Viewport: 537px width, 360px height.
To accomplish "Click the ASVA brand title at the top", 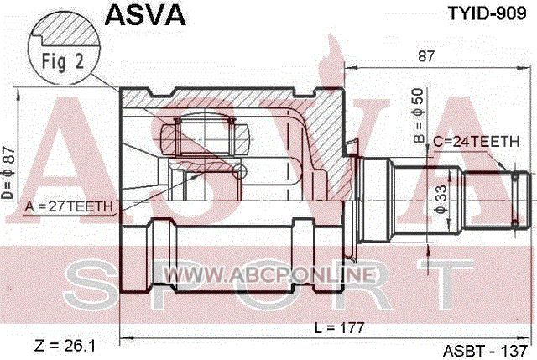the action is tap(145, 15).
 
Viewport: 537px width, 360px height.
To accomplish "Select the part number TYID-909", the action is tap(487, 13).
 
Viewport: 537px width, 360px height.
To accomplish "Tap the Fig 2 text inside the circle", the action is tap(63, 61).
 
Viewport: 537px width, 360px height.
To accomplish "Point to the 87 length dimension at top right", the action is tap(426, 56).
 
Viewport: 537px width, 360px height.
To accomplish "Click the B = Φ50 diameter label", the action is tap(419, 116).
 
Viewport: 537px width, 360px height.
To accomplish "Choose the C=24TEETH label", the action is tap(477, 142).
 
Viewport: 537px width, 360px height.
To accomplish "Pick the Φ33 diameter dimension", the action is tap(441, 200).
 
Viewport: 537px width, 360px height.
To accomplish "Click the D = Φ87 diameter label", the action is tap(8, 173).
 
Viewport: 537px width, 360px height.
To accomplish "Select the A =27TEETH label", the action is tap(69, 206).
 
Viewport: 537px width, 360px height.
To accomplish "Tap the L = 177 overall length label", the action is tap(339, 328).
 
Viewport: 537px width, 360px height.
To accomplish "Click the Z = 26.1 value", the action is tap(65, 346).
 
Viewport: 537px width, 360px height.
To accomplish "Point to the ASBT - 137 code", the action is tap(485, 351).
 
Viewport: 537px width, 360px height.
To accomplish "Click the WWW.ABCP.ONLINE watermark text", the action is tap(269, 275).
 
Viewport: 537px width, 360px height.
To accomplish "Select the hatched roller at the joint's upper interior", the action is tap(205, 138).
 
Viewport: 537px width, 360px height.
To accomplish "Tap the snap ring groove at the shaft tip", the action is tap(515, 200).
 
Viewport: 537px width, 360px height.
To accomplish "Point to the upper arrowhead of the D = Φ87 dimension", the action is tap(17, 93).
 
